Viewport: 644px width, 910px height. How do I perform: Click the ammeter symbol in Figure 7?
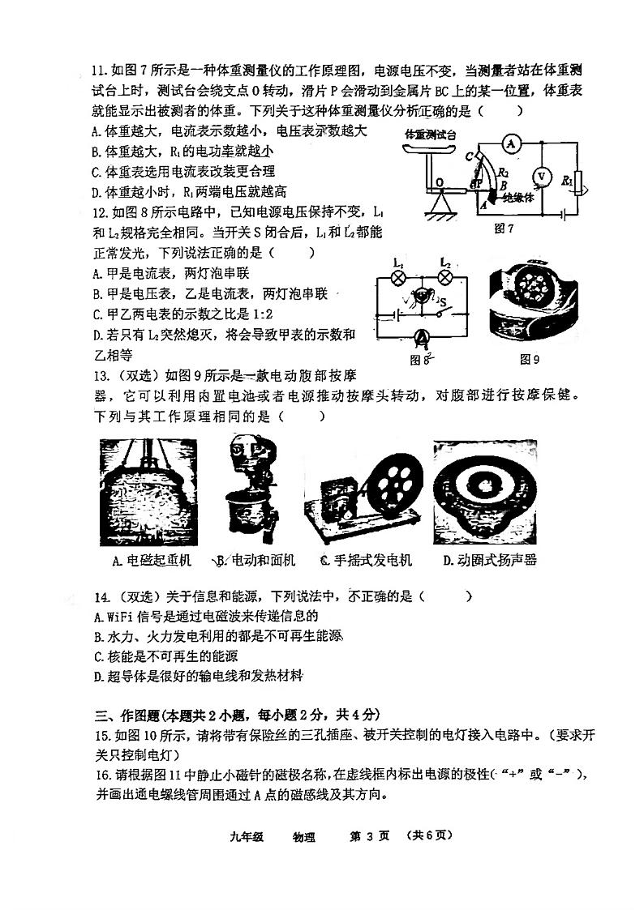510,143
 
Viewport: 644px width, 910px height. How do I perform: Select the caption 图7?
504,229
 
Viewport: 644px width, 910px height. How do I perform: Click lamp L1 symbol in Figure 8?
399,276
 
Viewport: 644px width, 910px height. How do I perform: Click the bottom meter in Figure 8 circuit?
420,336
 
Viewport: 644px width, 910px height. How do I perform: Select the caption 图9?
530,359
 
